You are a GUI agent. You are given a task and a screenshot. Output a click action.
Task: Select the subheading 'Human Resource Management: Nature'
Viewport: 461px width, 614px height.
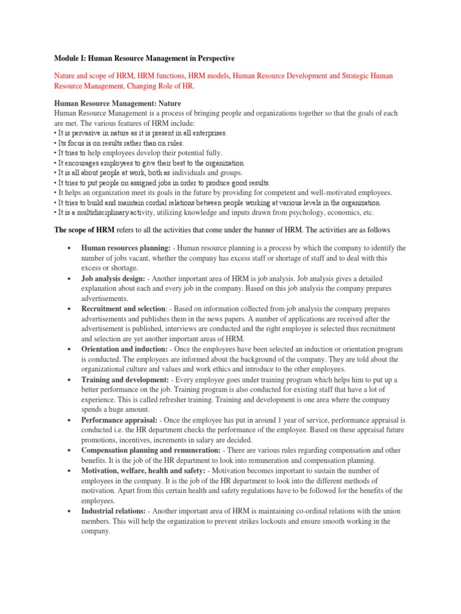pyautogui.click(x=119, y=104)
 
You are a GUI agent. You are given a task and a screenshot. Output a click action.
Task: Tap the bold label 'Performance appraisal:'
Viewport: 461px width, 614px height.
pyautogui.click(x=118, y=420)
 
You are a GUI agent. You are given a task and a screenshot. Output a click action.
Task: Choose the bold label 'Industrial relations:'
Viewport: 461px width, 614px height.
pyautogui.click(x=113, y=511)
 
